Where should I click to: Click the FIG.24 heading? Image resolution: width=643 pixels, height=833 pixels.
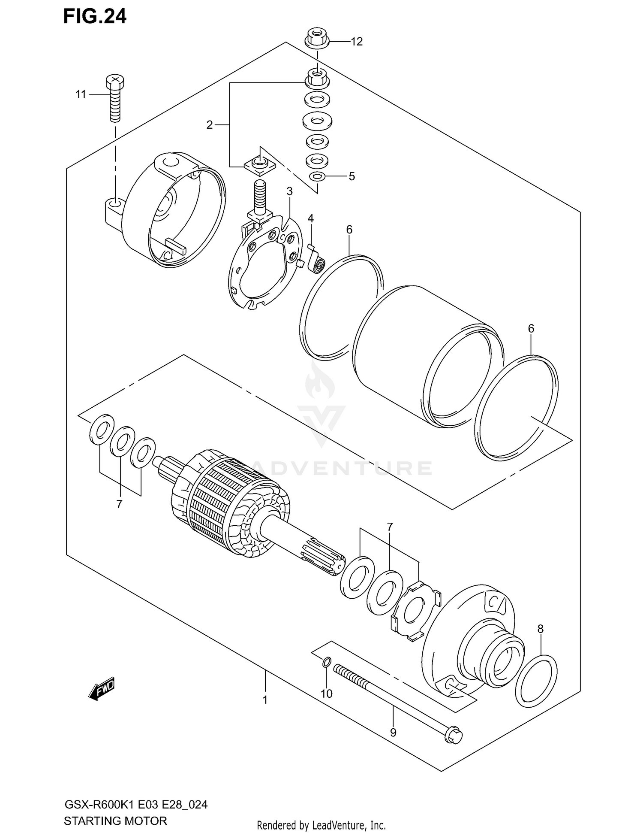tap(95, 16)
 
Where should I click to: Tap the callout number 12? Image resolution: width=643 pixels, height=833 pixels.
tap(357, 42)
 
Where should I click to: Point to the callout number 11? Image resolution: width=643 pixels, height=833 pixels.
tap(81, 94)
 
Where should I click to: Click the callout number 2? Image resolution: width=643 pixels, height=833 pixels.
tap(209, 125)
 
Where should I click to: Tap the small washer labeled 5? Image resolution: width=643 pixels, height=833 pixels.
tap(317, 176)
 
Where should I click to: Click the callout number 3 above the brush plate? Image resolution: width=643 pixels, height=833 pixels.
tap(290, 191)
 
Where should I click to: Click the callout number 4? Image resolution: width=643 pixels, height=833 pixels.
tap(310, 218)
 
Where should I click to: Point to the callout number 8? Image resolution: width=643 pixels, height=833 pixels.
tap(540, 629)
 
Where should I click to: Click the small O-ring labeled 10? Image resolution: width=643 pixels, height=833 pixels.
tap(326, 663)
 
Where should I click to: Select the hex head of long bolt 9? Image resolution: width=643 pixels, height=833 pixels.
tap(454, 736)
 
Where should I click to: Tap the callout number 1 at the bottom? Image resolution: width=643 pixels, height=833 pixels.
tap(265, 700)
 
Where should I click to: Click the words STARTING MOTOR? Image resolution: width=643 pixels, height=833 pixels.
tap(115, 821)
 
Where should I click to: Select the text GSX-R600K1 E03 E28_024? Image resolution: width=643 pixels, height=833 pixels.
tap(135, 805)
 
